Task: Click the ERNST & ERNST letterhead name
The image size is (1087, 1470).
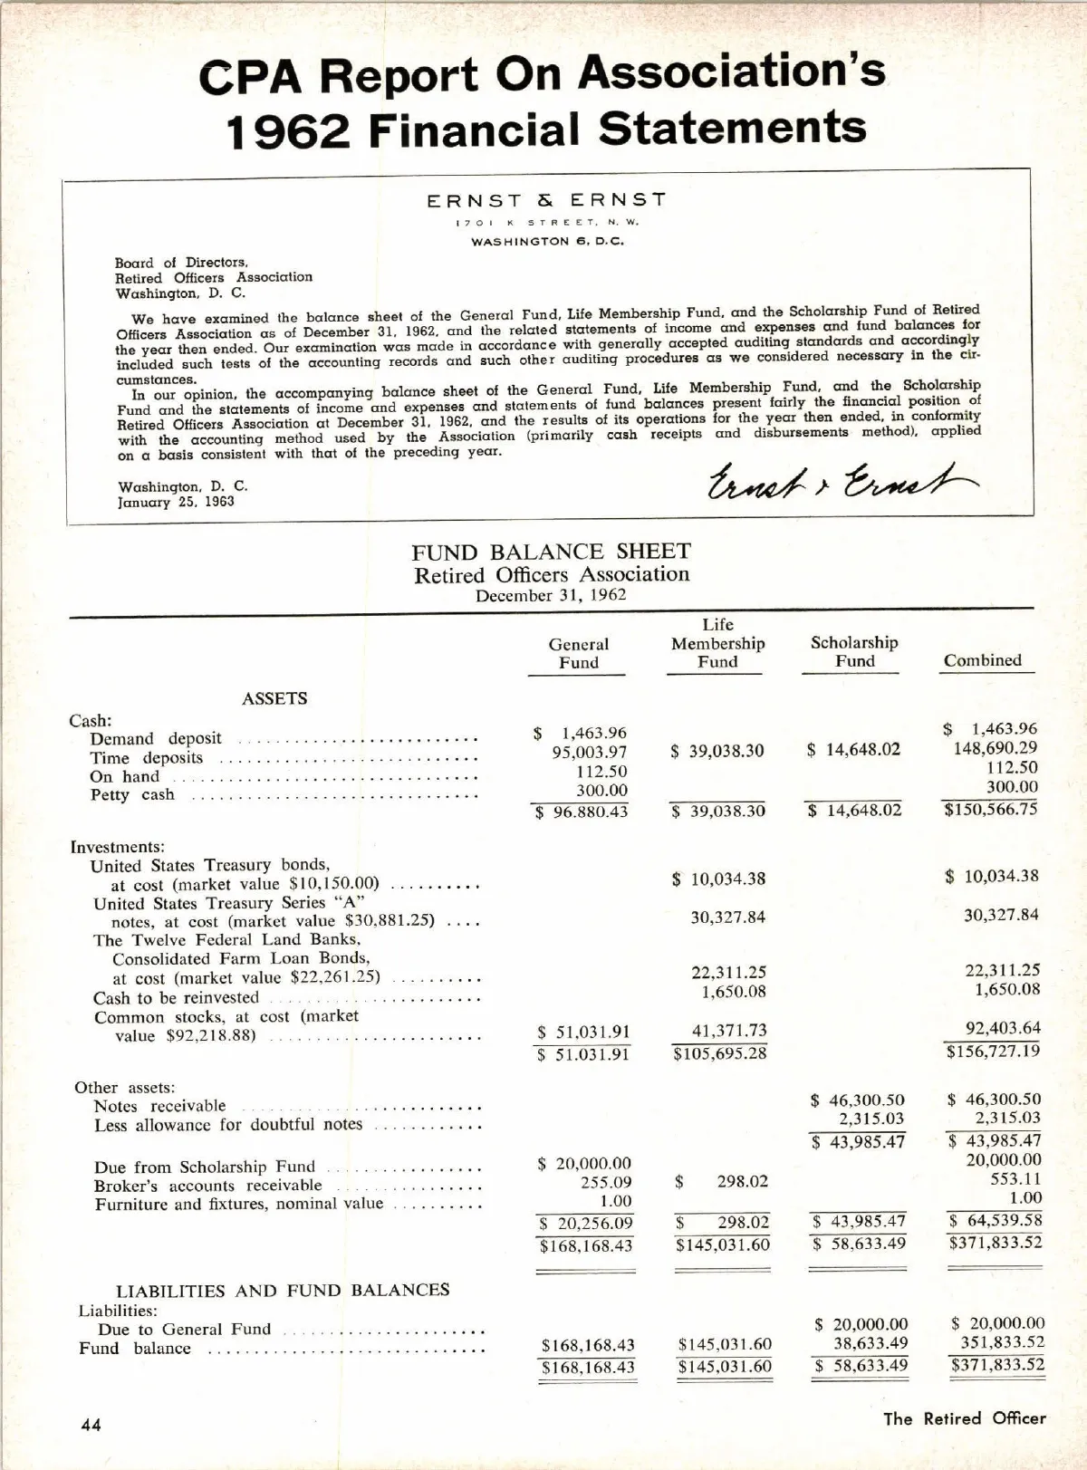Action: click(546, 200)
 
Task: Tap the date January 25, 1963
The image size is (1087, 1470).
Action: click(176, 502)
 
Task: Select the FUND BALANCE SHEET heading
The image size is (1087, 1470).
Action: click(551, 552)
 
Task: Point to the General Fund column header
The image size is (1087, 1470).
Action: click(578, 653)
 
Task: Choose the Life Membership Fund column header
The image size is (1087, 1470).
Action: click(717, 643)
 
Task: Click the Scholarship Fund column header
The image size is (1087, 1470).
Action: click(854, 651)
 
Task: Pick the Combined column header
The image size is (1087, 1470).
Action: click(982, 660)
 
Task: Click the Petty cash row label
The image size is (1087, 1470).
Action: click(132, 795)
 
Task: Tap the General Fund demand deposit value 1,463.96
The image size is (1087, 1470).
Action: click(593, 733)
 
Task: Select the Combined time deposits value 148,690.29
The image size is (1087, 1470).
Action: click(996, 748)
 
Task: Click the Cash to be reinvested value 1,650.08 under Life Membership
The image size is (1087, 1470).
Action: click(734, 992)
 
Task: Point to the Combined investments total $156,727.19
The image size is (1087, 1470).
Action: click(994, 1051)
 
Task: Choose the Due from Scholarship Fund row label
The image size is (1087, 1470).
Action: click(205, 1167)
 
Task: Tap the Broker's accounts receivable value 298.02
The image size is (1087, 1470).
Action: click(742, 1182)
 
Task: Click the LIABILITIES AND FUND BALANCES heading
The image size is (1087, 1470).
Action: click(283, 1290)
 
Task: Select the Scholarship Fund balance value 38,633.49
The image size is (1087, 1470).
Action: click(871, 1343)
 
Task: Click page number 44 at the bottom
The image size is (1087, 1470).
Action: click(91, 1425)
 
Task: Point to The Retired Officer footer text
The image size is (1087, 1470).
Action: click(965, 1418)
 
